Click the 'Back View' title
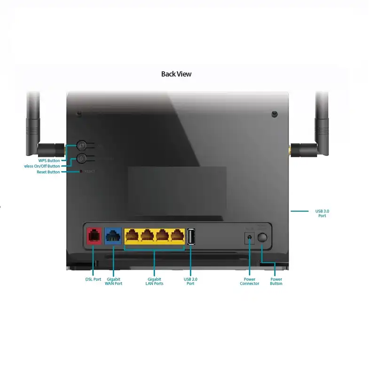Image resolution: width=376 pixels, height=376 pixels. click(176, 74)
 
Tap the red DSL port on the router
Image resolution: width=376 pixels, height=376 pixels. click(94, 235)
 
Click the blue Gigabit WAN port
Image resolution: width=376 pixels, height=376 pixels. click(113, 235)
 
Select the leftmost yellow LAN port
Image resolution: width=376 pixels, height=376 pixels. click(132, 235)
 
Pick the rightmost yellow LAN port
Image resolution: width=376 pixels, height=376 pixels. click(177, 235)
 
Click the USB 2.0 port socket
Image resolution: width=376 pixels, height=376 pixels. click(191, 236)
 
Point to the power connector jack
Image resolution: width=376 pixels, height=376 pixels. click(249, 238)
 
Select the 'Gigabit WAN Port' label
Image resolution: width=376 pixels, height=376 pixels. click(113, 281)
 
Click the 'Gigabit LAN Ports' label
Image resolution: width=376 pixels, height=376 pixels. click(155, 281)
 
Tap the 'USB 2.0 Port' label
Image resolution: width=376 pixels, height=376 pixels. click(190, 281)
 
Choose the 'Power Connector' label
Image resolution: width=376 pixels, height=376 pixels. click(250, 281)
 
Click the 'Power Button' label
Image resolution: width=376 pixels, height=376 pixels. click(276, 281)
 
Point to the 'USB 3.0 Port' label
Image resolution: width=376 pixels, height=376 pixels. click(321, 213)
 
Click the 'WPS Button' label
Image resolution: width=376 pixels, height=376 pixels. click(49, 160)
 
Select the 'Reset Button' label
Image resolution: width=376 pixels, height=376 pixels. click(48, 172)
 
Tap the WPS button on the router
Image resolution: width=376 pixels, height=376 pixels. click(81, 146)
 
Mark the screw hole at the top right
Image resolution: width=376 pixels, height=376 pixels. click(274, 114)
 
